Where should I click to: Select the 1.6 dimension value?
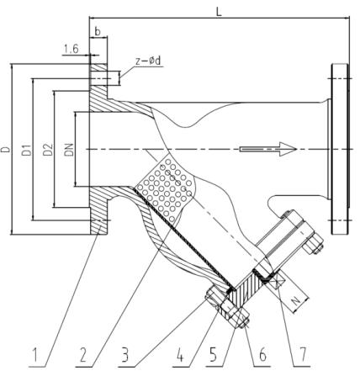71,51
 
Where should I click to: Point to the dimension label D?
6,149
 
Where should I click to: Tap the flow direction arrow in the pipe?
268,150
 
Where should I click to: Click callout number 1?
34,357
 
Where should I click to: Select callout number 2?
83,357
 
